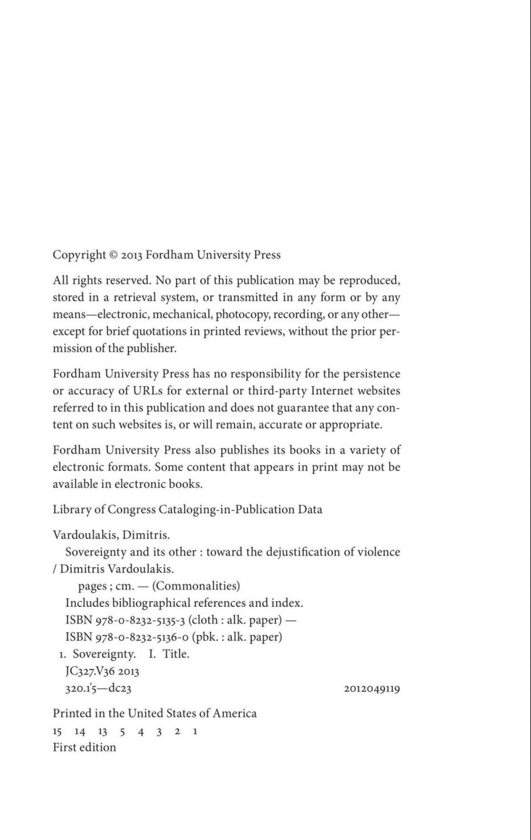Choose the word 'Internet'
click(x=335, y=390)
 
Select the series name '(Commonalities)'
click(x=195, y=585)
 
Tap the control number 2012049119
click(x=372, y=689)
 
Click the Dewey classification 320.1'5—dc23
click(x=98, y=688)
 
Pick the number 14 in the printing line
click(x=80, y=731)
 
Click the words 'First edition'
click(x=84, y=747)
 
